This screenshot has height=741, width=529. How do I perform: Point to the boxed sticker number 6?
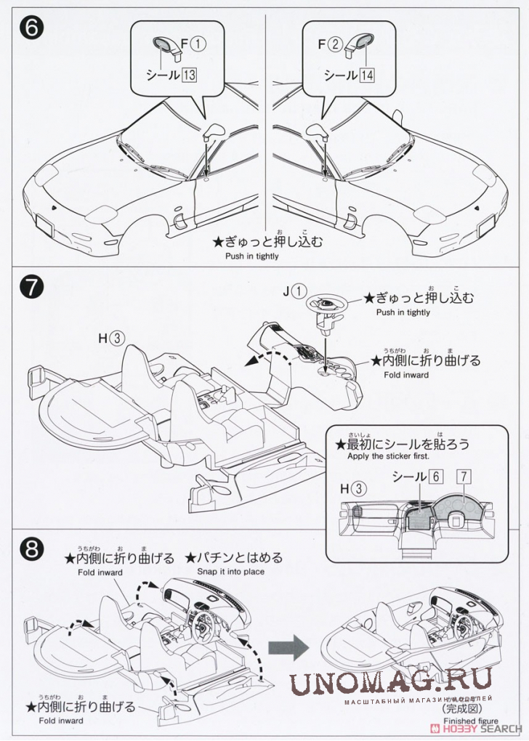point(436,477)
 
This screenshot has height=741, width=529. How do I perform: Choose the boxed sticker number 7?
point(463,477)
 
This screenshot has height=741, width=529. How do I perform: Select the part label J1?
point(295,291)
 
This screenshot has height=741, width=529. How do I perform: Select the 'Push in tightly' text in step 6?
point(251,256)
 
